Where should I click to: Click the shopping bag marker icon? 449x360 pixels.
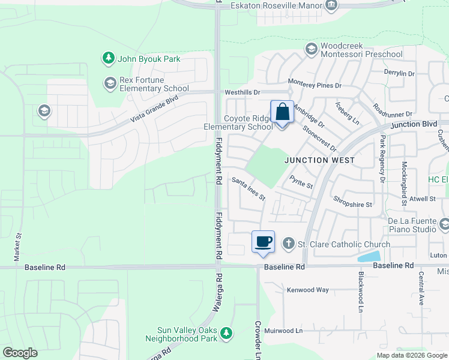[x=282, y=112]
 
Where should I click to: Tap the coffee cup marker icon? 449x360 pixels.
[x=263, y=242]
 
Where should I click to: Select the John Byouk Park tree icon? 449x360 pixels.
[x=108, y=58]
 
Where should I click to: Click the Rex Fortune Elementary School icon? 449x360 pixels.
[x=109, y=83]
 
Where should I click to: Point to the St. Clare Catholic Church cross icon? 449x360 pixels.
[x=288, y=244]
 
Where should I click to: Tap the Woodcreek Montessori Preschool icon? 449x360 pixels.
[x=311, y=49]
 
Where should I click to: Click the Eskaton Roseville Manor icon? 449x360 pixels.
[x=331, y=5]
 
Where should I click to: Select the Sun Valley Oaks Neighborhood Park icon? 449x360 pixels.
[x=226, y=333]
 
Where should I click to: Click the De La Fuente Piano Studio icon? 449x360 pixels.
[x=444, y=224]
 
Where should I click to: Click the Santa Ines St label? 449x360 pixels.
[x=249, y=189]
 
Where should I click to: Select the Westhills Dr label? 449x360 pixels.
[x=242, y=92]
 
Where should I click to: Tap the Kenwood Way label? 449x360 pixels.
[x=307, y=290]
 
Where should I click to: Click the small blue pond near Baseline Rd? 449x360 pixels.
[x=367, y=257]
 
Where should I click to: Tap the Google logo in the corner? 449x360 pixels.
[x=20, y=353]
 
